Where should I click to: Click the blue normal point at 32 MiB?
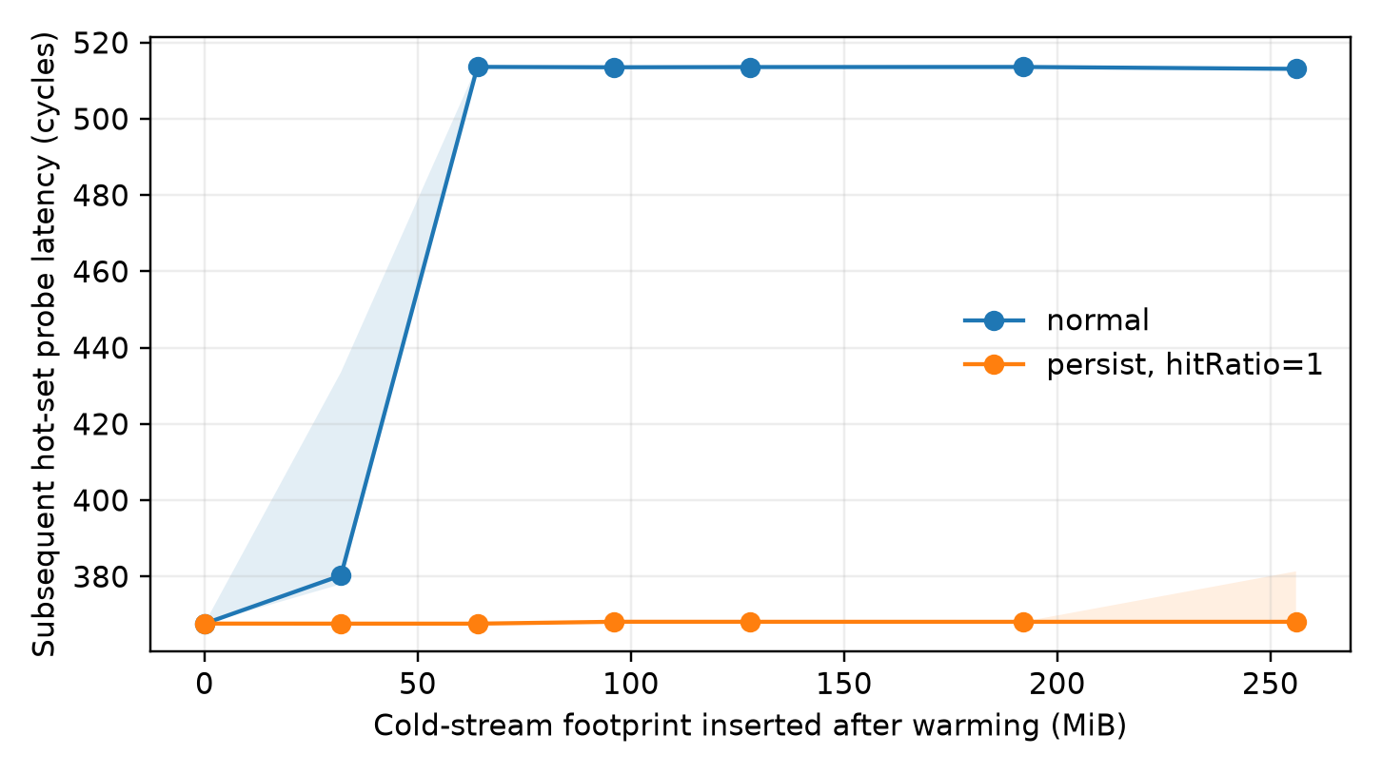coord(341,575)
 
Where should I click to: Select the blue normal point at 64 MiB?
coord(478,67)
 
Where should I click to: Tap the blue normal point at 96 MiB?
coord(614,68)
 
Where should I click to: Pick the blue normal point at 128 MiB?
coord(750,68)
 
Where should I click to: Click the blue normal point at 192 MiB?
coord(1023,67)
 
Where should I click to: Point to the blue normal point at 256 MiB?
coord(1296,68)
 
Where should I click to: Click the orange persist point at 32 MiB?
coord(341,625)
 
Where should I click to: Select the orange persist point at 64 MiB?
coord(478,625)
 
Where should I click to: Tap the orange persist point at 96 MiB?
coord(614,623)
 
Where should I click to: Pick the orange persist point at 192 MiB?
coord(1023,623)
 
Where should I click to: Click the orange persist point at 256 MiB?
coord(1296,623)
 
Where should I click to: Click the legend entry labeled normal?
coord(1056,320)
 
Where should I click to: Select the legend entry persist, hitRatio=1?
coord(1142,365)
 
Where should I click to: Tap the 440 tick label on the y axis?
coord(101,348)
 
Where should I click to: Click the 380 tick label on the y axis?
coord(101,577)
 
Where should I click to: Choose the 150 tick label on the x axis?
coord(843,685)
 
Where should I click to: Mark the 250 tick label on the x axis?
coord(1271,685)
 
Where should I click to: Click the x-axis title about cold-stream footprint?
coord(750,726)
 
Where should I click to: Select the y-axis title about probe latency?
coord(44,344)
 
